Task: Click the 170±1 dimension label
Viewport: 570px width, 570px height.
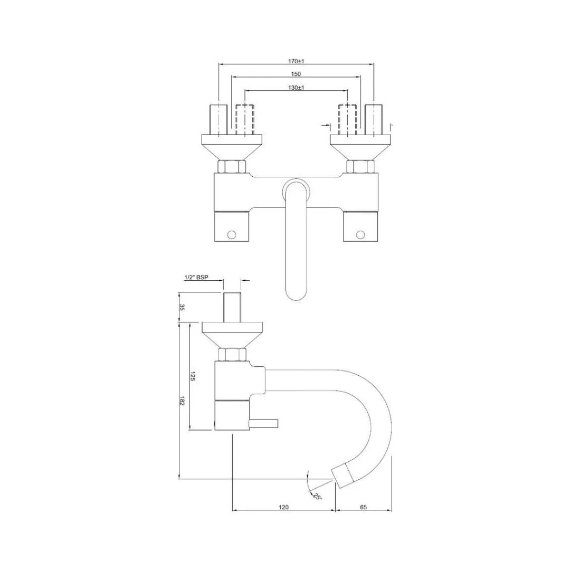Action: click(297, 61)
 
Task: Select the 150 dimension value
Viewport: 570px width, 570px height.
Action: click(296, 74)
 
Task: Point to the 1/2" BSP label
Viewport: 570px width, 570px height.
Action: click(196, 278)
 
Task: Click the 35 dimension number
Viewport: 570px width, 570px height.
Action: click(182, 307)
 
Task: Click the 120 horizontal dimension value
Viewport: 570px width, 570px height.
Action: click(283, 507)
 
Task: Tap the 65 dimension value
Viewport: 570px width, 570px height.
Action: click(363, 507)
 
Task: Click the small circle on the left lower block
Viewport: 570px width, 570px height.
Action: click(231, 234)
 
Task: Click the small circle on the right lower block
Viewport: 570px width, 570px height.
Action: click(360, 234)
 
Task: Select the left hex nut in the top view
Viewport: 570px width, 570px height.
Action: click(232, 167)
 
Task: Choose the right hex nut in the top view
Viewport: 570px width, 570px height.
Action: click(360, 167)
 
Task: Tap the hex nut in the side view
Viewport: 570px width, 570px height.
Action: click(232, 355)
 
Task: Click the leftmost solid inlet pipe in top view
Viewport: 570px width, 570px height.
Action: click(218, 120)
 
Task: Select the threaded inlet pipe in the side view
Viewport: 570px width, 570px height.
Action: click(232, 306)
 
